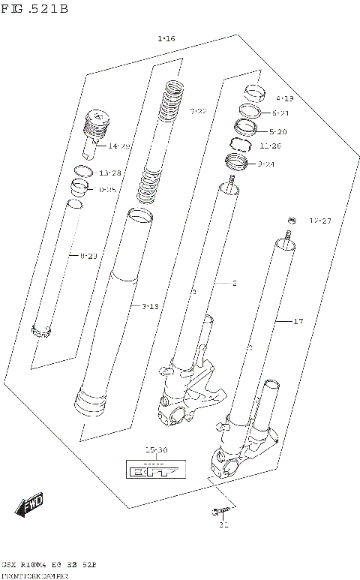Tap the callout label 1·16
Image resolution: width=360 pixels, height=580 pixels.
(x=166, y=38)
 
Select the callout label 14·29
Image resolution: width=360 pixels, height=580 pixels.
(x=118, y=146)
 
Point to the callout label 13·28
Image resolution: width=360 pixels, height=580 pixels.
(x=109, y=173)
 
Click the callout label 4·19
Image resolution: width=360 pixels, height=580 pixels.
(x=284, y=98)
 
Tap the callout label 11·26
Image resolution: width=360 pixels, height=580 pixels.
(x=270, y=146)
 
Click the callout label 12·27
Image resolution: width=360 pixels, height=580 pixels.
(x=320, y=221)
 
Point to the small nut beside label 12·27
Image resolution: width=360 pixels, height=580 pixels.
(x=289, y=220)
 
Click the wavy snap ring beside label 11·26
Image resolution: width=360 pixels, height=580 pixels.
(x=239, y=144)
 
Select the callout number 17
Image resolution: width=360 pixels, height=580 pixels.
(x=298, y=321)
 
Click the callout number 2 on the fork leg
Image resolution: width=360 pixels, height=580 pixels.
(x=234, y=284)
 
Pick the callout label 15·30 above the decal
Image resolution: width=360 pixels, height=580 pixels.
(x=156, y=450)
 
